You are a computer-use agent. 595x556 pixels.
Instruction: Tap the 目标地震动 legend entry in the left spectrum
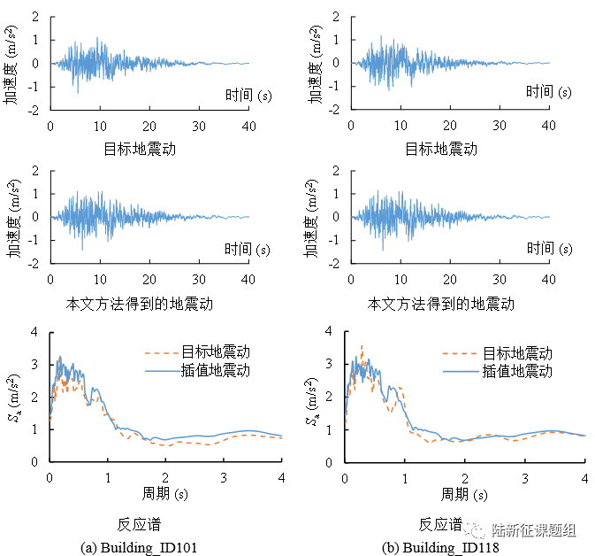[215, 353]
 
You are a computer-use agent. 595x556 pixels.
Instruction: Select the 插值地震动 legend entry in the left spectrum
[215, 370]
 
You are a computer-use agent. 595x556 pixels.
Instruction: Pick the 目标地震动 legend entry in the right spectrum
[517, 353]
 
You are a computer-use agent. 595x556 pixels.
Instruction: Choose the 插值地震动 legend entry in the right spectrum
[517, 370]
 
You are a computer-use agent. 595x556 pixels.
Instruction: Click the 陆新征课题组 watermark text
[533, 530]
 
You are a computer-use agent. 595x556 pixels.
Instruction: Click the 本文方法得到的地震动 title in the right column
[440, 304]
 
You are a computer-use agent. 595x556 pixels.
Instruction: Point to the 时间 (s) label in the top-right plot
[548, 91]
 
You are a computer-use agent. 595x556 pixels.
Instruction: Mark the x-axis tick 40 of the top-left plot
[249, 127]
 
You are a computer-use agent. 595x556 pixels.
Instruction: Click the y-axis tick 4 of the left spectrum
[35, 332]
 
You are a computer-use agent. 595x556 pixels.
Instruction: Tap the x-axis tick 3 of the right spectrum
[525, 477]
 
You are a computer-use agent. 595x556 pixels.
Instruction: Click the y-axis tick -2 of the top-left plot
[33, 111]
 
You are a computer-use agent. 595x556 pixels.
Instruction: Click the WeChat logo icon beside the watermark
[477, 530]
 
